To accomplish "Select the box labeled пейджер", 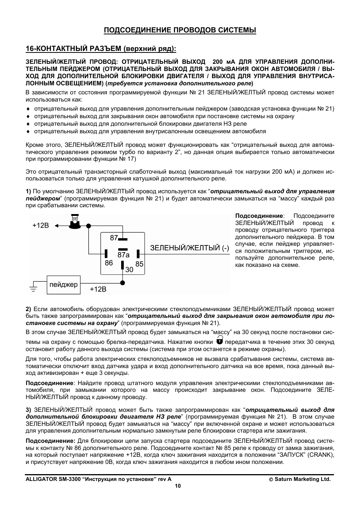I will [x=63, y=285].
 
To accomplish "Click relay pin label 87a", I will [x=123, y=255].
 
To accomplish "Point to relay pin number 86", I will [x=109, y=263].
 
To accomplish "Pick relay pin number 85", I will [x=140, y=264].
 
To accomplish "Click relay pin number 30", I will [x=129, y=270].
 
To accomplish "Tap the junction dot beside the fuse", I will [x=89, y=226].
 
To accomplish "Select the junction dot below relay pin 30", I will [x=123, y=282].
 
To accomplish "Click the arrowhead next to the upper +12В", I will [x=57, y=226].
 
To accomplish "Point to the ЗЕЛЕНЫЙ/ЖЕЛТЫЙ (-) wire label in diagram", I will [x=189, y=248].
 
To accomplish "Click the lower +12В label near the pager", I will [x=98, y=289].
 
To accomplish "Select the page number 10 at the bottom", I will [x=178, y=486].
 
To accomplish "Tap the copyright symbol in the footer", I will [x=271, y=479].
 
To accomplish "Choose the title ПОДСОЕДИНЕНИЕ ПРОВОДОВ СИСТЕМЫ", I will [x=180, y=30].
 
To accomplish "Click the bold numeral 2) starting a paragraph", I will [x=29, y=309].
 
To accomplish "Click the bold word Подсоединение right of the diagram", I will [x=259, y=216].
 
